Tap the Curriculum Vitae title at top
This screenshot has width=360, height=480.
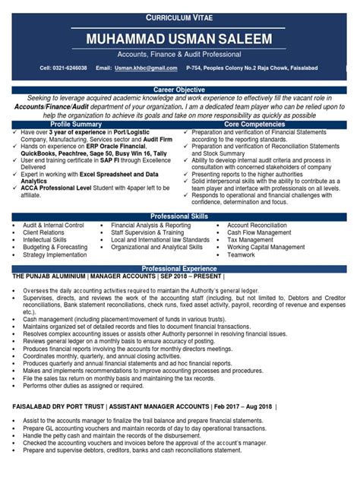pyautogui.click(x=179, y=17)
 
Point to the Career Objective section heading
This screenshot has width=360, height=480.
pyautogui.click(x=179, y=90)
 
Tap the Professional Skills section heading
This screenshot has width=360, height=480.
pyautogui.click(x=179, y=216)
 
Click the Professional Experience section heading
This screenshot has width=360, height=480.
pyautogui.click(x=179, y=269)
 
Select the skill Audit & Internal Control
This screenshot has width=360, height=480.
pyautogui.click(x=53, y=226)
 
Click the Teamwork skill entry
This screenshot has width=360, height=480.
pyautogui.click(x=242, y=256)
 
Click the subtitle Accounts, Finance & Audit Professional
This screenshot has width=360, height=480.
pyautogui.click(x=179, y=55)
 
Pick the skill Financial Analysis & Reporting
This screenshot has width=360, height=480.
pyautogui.click(x=150, y=226)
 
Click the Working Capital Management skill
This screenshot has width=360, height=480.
pyautogui.click(x=266, y=247)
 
